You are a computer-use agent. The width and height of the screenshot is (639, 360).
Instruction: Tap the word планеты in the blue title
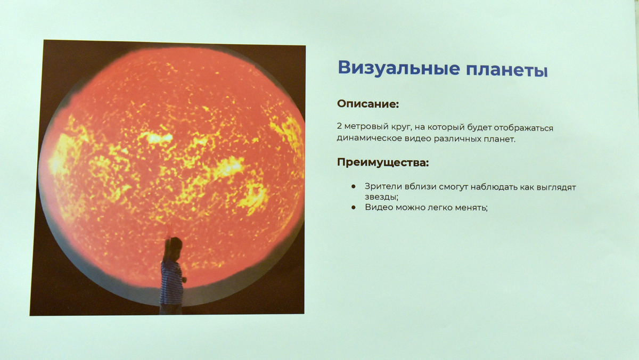click(507, 70)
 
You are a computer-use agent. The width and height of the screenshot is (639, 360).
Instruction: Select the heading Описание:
click(368, 104)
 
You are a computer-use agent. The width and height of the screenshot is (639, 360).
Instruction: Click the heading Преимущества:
click(383, 162)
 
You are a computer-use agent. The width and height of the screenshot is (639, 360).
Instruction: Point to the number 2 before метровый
click(339, 126)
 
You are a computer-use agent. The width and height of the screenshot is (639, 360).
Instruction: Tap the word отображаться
click(523, 128)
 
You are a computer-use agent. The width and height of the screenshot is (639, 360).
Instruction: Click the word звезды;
click(381, 197)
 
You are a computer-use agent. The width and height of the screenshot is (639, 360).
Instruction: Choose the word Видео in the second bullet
click(378, 207)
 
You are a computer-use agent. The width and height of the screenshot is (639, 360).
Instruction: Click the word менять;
click(471, 208)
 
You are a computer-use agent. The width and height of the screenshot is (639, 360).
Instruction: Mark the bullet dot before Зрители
click(354, 186)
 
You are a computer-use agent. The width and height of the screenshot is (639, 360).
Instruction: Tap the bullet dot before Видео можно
click(354, 207)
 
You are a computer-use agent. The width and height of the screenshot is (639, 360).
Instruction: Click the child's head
click(175, 245)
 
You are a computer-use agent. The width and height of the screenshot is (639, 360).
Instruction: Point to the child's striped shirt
click(171, 281)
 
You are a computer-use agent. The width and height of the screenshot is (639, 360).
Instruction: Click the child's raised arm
click(167, 242)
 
